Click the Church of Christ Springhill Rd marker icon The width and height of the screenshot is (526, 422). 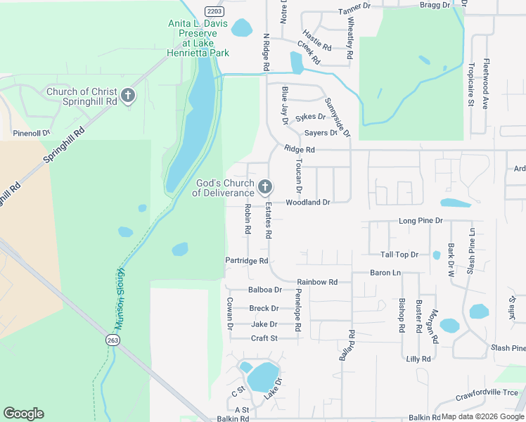127,96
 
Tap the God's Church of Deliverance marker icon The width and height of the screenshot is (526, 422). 264,187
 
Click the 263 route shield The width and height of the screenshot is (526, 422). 113,340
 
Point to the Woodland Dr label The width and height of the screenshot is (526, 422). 307,203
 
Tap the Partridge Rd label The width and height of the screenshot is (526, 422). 247,261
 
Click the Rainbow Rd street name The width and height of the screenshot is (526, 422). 317,282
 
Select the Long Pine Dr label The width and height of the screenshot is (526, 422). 421,221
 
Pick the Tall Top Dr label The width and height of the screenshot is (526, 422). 399,255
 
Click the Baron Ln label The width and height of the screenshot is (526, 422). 385,272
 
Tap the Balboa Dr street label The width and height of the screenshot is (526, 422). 265,290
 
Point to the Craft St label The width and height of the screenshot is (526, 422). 265,338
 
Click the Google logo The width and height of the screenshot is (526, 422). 23,414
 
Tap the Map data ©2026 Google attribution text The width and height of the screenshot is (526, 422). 478,416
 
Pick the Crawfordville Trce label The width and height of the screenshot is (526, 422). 486,392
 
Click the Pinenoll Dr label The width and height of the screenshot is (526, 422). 32,132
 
